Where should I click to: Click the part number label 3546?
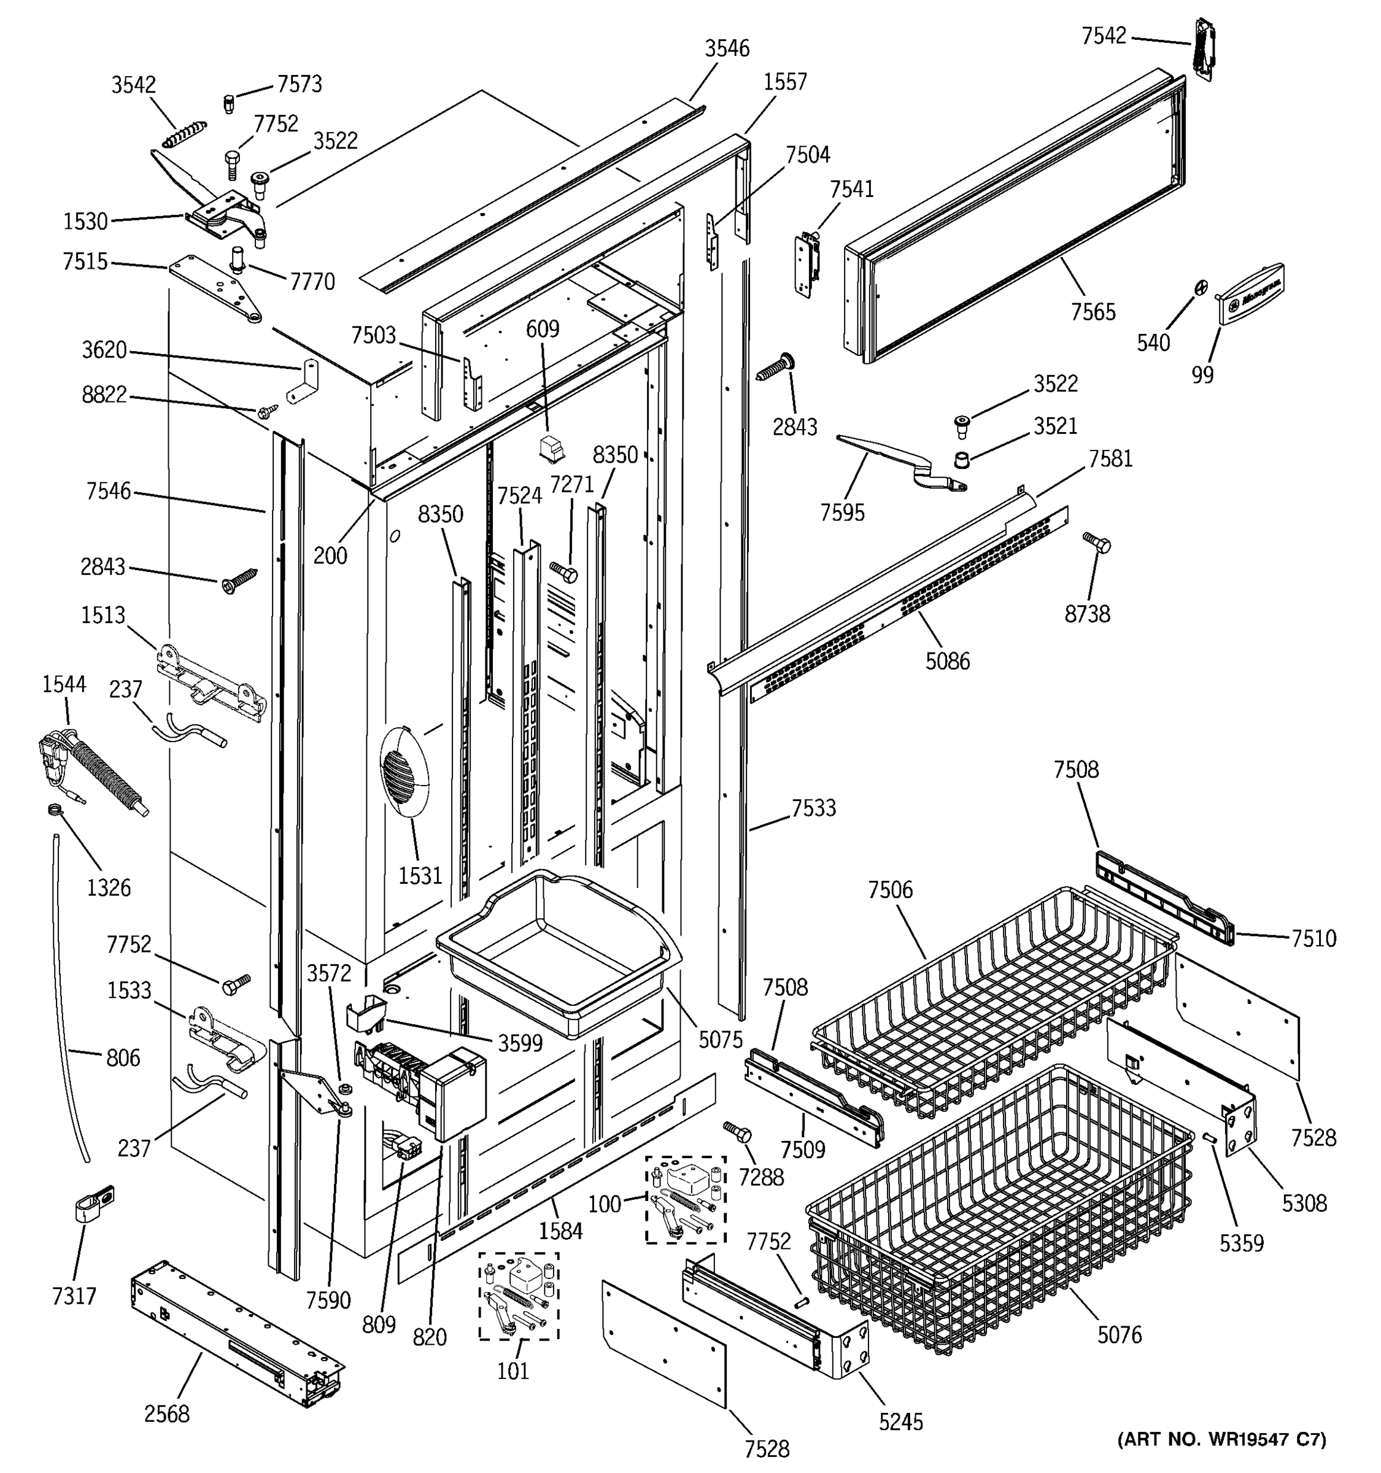[x=727, y=49]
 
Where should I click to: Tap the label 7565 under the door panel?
[x=1093, y=312]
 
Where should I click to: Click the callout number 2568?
[x=167, y=1413]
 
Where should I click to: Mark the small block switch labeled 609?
[x=551, y=448]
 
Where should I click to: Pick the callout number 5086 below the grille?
[x=947, y=661]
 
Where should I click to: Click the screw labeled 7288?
[x=737, y=1132]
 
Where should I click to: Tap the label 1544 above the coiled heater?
[x=64, y=684]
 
